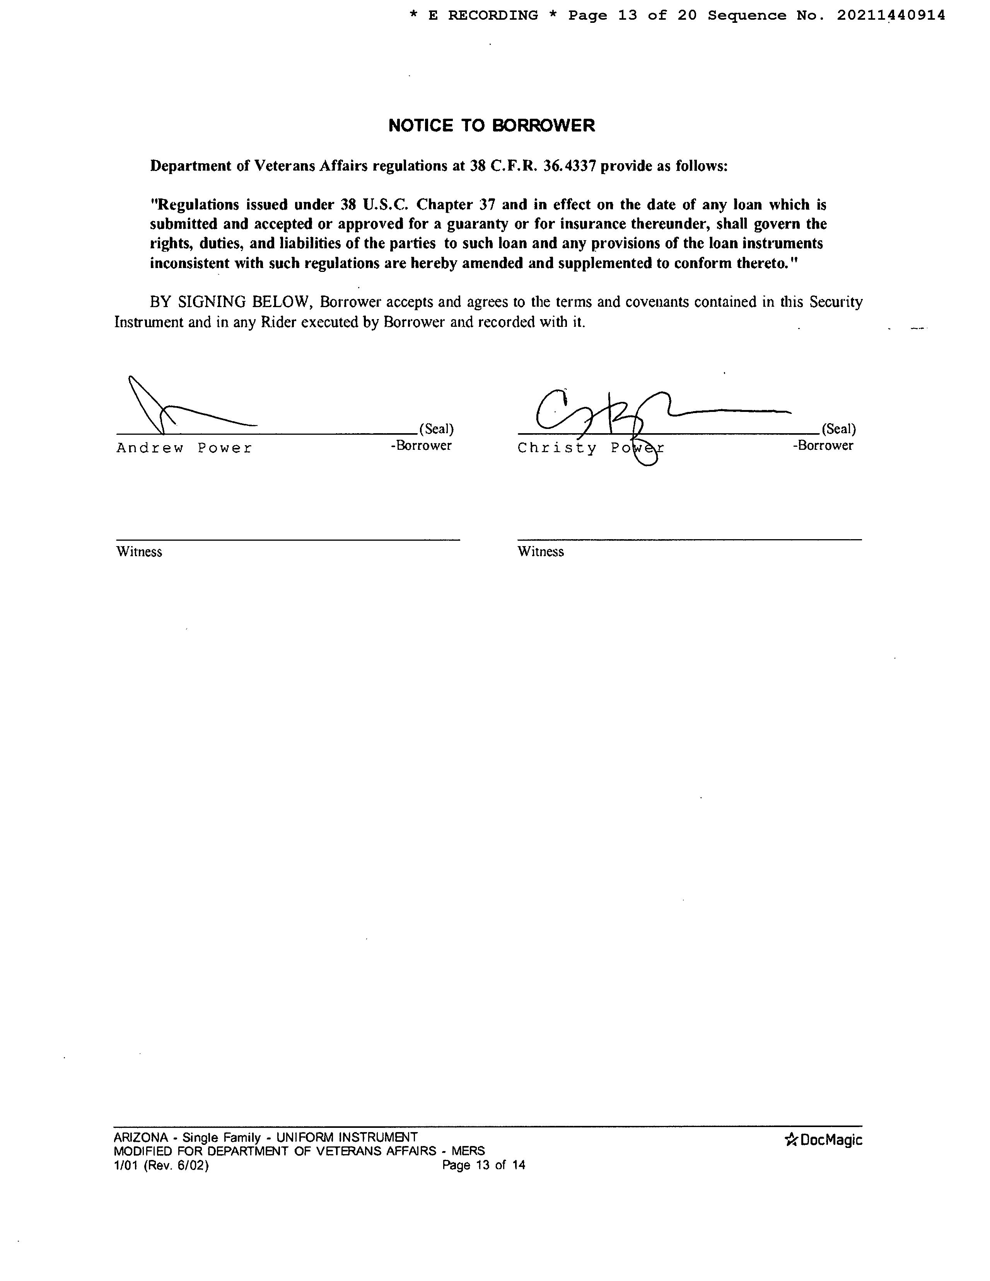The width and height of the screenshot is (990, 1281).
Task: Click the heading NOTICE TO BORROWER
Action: (492, 126)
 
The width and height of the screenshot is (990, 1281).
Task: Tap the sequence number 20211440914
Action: (890, 16)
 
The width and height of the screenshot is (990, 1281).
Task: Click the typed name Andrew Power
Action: (184, 448)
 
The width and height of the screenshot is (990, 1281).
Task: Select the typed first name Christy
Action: (556, 448)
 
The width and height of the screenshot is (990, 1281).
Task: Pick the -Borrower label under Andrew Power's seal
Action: (421, 446)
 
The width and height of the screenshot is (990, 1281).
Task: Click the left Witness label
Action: (139, 552)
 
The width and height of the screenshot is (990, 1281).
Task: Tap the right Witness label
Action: (540, 552)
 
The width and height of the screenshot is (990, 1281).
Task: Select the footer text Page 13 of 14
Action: (483, 1165)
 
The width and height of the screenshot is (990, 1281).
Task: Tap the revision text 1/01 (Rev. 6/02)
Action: (161, 1165)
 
